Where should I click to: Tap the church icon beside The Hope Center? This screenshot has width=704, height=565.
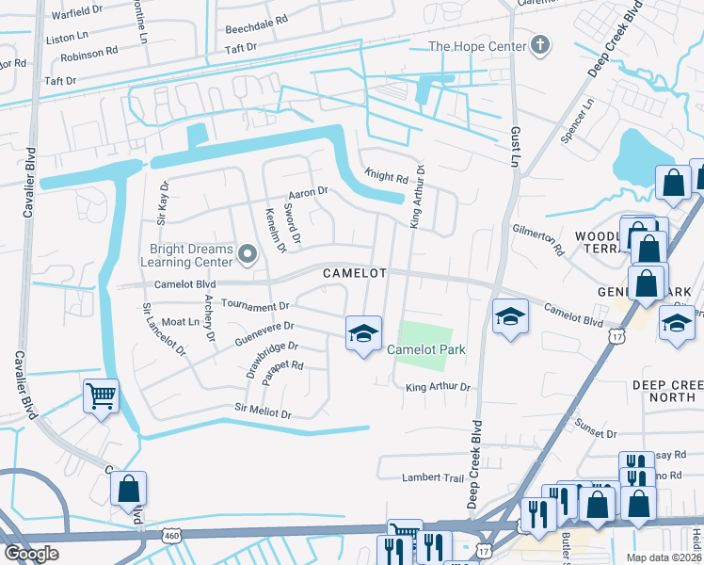pyautogui.click(x=540, y=45)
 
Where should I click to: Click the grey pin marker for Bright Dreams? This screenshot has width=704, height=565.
pyautogui.click(x=248, y=253)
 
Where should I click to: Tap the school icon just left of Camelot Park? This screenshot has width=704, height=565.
pyautogui.click(x=363, y=334)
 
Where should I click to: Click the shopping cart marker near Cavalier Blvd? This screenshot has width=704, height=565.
pyautogui.click(x=101, y=395)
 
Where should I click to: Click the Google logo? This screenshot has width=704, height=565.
pyautogui.click(x=31, y=553)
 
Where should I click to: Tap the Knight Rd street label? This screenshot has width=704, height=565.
pyautogui.click(x=386, y=176)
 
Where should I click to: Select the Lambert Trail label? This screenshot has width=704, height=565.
pyautogui.click(x=434, y=477)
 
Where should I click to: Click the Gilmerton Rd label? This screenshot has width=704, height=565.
pyautogui.click(x=537, y=239)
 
